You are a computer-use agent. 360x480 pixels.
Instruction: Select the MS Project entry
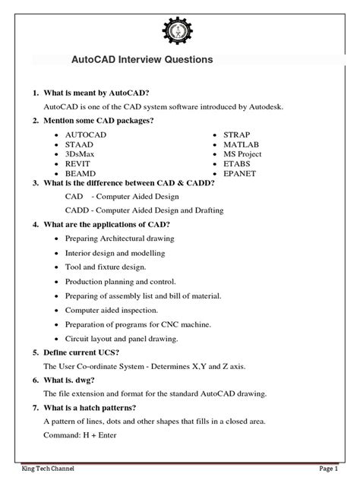(x=245, y=153)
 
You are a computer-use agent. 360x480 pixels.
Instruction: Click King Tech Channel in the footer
(x=32, y=469)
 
